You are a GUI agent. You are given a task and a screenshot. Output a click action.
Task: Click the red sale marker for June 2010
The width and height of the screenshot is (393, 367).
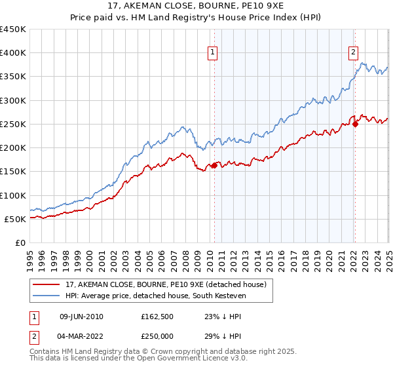click(x=214, y=165)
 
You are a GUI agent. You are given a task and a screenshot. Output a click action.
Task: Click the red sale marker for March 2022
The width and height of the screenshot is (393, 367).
click(x=354, y=123)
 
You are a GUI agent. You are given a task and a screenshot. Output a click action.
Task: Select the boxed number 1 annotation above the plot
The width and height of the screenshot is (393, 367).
click(x=214, y=54)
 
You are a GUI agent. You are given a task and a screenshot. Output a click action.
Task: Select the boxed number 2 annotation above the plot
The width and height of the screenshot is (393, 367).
click(x=354, y=54)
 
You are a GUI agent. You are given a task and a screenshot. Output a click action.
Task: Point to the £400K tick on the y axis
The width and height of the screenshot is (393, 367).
click(x=13, y=53)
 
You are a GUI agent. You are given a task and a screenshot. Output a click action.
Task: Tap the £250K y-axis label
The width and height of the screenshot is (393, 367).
click(x=13, y=124)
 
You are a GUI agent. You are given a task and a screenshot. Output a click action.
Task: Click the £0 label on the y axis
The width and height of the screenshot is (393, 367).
click(x=20, y=242)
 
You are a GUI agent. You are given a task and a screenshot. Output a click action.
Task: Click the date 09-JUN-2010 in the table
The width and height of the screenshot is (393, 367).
click(x=81, y=317)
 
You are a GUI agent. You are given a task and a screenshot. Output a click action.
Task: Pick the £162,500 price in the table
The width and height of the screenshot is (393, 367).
click(x=157, y=317)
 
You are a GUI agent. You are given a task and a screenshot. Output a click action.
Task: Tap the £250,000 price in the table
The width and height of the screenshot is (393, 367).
click(x=157, y=336)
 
